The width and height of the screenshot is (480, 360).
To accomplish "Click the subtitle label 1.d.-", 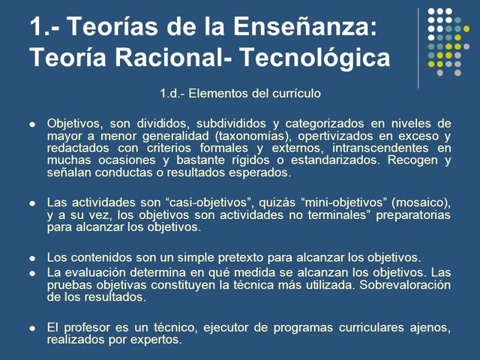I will [x=177, y=94].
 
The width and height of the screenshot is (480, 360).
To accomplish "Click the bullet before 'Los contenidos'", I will [x=31, y=257].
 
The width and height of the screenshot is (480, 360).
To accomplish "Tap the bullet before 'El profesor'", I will [x=31, y=328].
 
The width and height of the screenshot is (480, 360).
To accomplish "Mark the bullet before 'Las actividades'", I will [x=31, y=202].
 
